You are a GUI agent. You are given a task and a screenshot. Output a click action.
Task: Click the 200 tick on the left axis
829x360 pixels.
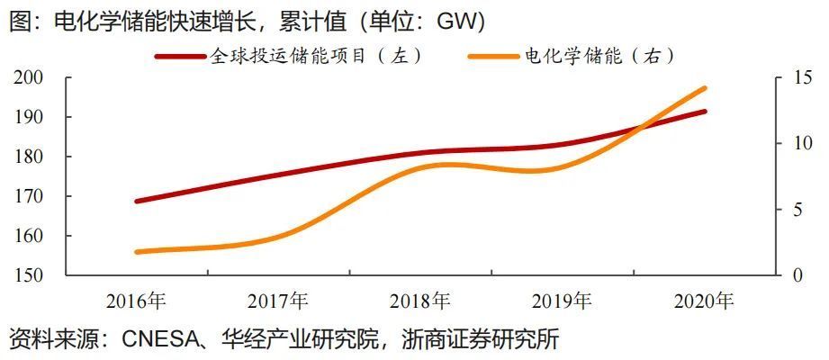[x=32, y=78]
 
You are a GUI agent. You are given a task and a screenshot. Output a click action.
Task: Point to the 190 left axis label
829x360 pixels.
[x=32, y=118]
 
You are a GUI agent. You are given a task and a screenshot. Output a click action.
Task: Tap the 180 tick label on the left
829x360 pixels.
[x=32, y=157]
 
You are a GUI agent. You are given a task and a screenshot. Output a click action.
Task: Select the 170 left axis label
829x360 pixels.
[x=32, y=197]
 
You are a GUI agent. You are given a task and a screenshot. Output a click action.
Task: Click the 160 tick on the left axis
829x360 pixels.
[x=32, y=237]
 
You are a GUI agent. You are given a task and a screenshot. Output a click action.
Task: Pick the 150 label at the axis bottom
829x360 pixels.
[x=32, y=275]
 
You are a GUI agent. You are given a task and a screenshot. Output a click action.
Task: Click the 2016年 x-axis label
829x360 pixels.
[x=136, y=301]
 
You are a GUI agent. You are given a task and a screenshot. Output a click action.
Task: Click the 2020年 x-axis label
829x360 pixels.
[x=705, y=301]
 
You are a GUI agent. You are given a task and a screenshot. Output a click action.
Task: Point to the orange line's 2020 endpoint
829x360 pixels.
[x=705, y=88]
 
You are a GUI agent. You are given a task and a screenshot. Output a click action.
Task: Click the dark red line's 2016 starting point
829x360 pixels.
[x=136, y=201]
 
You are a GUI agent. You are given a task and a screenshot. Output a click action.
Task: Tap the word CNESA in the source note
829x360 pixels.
[x=154, y=340]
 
